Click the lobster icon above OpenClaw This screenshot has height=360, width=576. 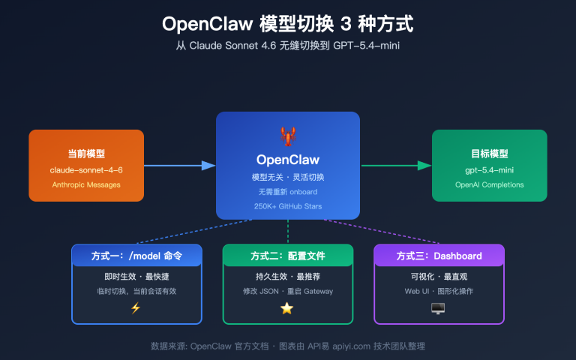[x=287, y=136]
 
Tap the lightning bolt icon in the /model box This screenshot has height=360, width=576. [x=136, y=307]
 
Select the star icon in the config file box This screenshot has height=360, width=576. [x=287, y=307]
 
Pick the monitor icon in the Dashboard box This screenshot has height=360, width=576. [x=438, y=307]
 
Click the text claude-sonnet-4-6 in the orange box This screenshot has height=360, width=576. [x=86, y=170]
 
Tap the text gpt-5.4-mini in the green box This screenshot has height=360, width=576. [x=490, y=170]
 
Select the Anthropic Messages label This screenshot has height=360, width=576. [x=86, y=184]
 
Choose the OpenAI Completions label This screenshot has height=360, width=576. [x=490, y=184]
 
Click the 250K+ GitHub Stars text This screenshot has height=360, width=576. [x=287, y=205]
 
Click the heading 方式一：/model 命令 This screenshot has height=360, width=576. [x=136, y=256]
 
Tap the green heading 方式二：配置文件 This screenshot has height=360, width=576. [x=287, y=256]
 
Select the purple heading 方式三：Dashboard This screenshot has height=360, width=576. [x=439, y=256]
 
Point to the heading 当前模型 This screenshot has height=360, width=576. [x=86, y=154]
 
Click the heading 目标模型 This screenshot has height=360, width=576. [x=490, y=154]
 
